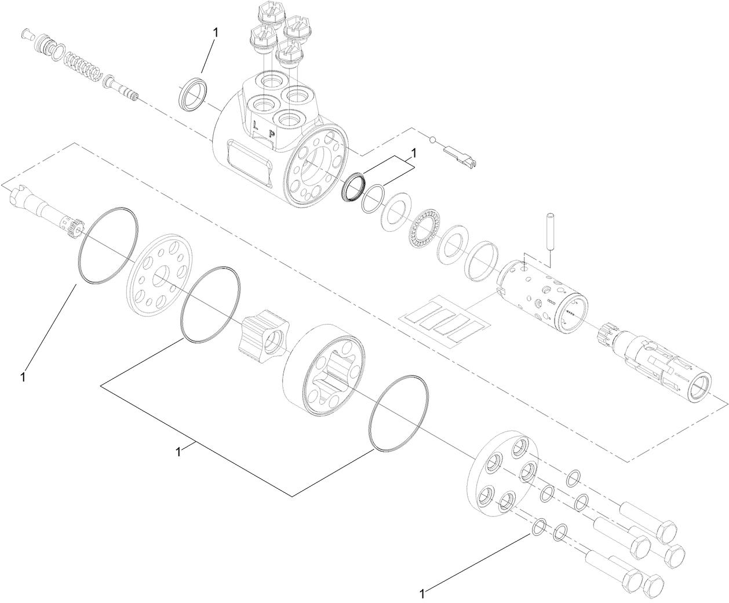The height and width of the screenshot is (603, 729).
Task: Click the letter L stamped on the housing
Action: click(255, 123)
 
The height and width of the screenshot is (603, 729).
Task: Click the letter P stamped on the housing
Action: click(271, 133)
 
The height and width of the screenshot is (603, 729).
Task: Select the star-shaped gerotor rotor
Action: click(262, 337)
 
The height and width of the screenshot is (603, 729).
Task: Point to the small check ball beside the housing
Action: click(432, 139)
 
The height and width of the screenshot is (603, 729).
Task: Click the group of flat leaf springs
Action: click(444, 323)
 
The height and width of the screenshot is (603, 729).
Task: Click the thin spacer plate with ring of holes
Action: click(159, 275)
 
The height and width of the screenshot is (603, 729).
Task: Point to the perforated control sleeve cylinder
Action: click(542, 296)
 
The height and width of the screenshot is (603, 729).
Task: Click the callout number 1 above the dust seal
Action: click(216, 33)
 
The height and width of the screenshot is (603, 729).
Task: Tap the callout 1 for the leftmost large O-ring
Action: click(22, 377)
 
